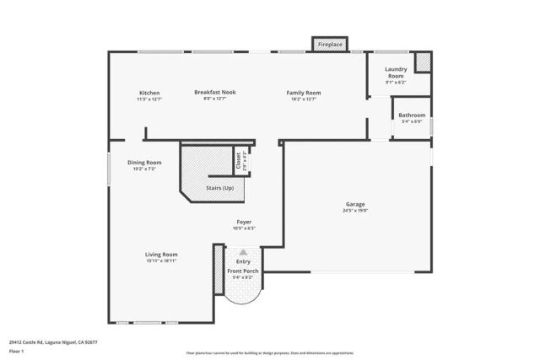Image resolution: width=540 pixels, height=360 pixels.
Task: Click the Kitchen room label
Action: [149, 93]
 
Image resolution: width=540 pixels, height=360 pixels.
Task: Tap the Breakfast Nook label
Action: [215, 92]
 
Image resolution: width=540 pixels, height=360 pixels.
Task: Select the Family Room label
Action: [304, 93]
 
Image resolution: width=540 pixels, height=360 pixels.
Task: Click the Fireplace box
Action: [330, 43]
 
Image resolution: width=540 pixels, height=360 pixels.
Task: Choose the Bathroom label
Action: [412, 115]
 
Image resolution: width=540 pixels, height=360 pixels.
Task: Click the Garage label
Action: [354, 204]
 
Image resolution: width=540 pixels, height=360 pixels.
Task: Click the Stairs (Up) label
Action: [219, 188]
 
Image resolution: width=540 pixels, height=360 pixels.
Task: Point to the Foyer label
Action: [244, 222]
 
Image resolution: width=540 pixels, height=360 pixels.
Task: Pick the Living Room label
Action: [160, 254]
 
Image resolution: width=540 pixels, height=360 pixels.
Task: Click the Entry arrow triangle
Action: [243, 251]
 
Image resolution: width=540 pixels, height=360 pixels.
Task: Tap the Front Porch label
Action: [244, 271]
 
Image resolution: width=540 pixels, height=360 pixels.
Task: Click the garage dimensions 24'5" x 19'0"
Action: [354, 211]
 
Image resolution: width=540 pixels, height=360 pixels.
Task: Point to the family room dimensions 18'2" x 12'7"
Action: [304, 99]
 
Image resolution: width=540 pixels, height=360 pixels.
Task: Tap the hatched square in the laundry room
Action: [423, 62]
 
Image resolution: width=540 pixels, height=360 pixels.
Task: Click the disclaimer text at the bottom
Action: [270, 353]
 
